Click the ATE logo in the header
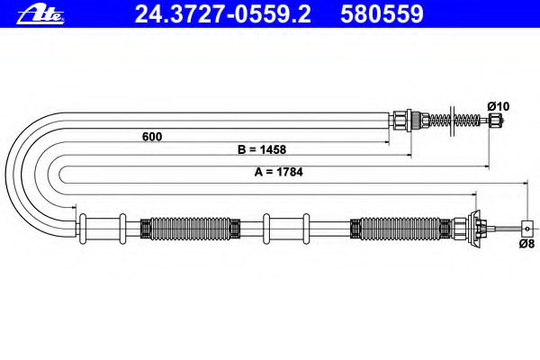(40, 14)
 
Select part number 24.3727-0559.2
(223, 14)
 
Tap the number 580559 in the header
(382, 14)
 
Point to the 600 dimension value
(152, 137)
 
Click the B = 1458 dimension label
(262, 149)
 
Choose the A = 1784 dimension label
(279, 172)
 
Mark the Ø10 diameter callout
(499, 106)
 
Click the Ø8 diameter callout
(526, 244)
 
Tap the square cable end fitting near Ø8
(527, 229)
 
